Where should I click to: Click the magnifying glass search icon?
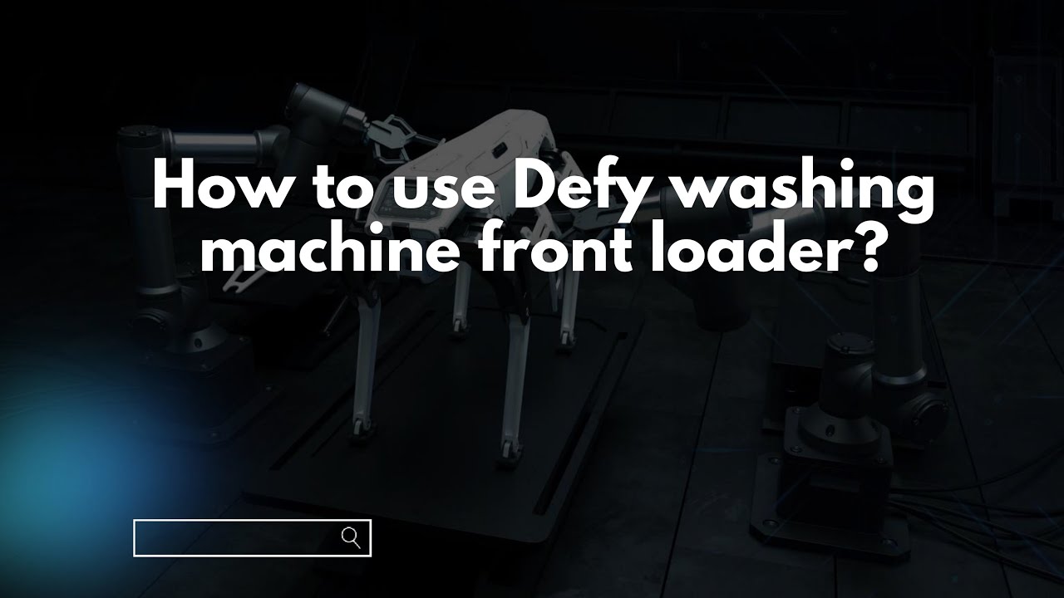351,537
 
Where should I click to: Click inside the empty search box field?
233,538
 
